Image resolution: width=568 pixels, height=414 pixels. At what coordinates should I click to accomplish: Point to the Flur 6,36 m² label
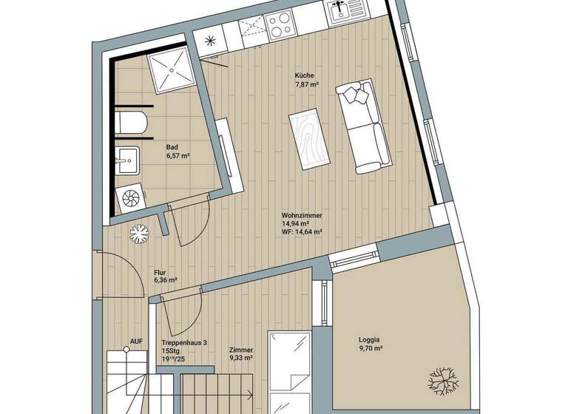[x=165, y=276]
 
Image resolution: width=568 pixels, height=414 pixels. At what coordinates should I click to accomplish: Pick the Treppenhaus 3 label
[x=185, y=342]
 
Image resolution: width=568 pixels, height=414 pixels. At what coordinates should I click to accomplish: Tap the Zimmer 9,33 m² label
[x=241, y=353]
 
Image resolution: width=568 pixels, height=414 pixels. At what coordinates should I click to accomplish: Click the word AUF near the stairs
[x=136, y=342]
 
